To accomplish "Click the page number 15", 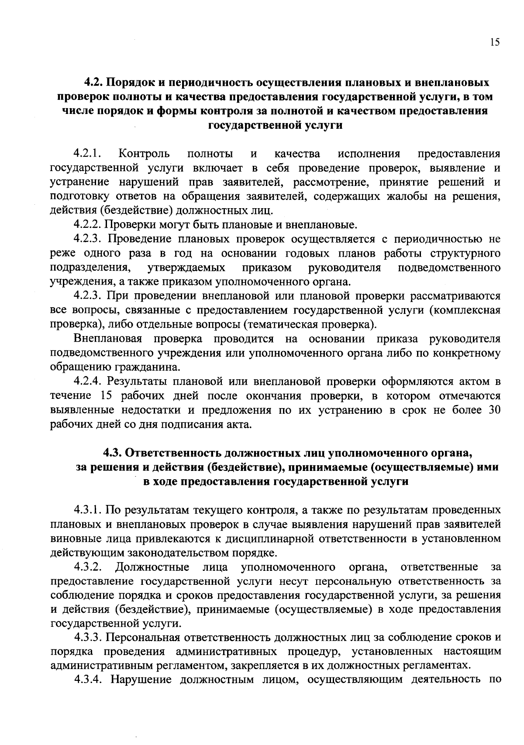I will [x=494, y=42].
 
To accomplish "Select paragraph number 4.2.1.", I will [x=88, y=154].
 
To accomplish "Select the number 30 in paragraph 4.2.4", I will [x=494, y=410].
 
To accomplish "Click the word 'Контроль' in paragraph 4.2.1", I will [x=144, y=154].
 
